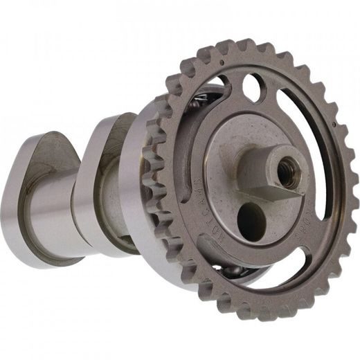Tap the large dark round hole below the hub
pyautogui.click(x=251, y=220)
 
